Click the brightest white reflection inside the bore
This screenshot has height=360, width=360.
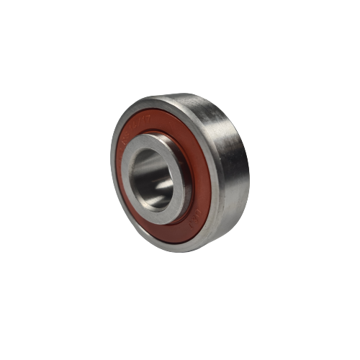[164, 186]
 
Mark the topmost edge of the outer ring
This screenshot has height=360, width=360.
[184, 94]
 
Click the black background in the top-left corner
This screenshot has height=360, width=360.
[22, 22]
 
